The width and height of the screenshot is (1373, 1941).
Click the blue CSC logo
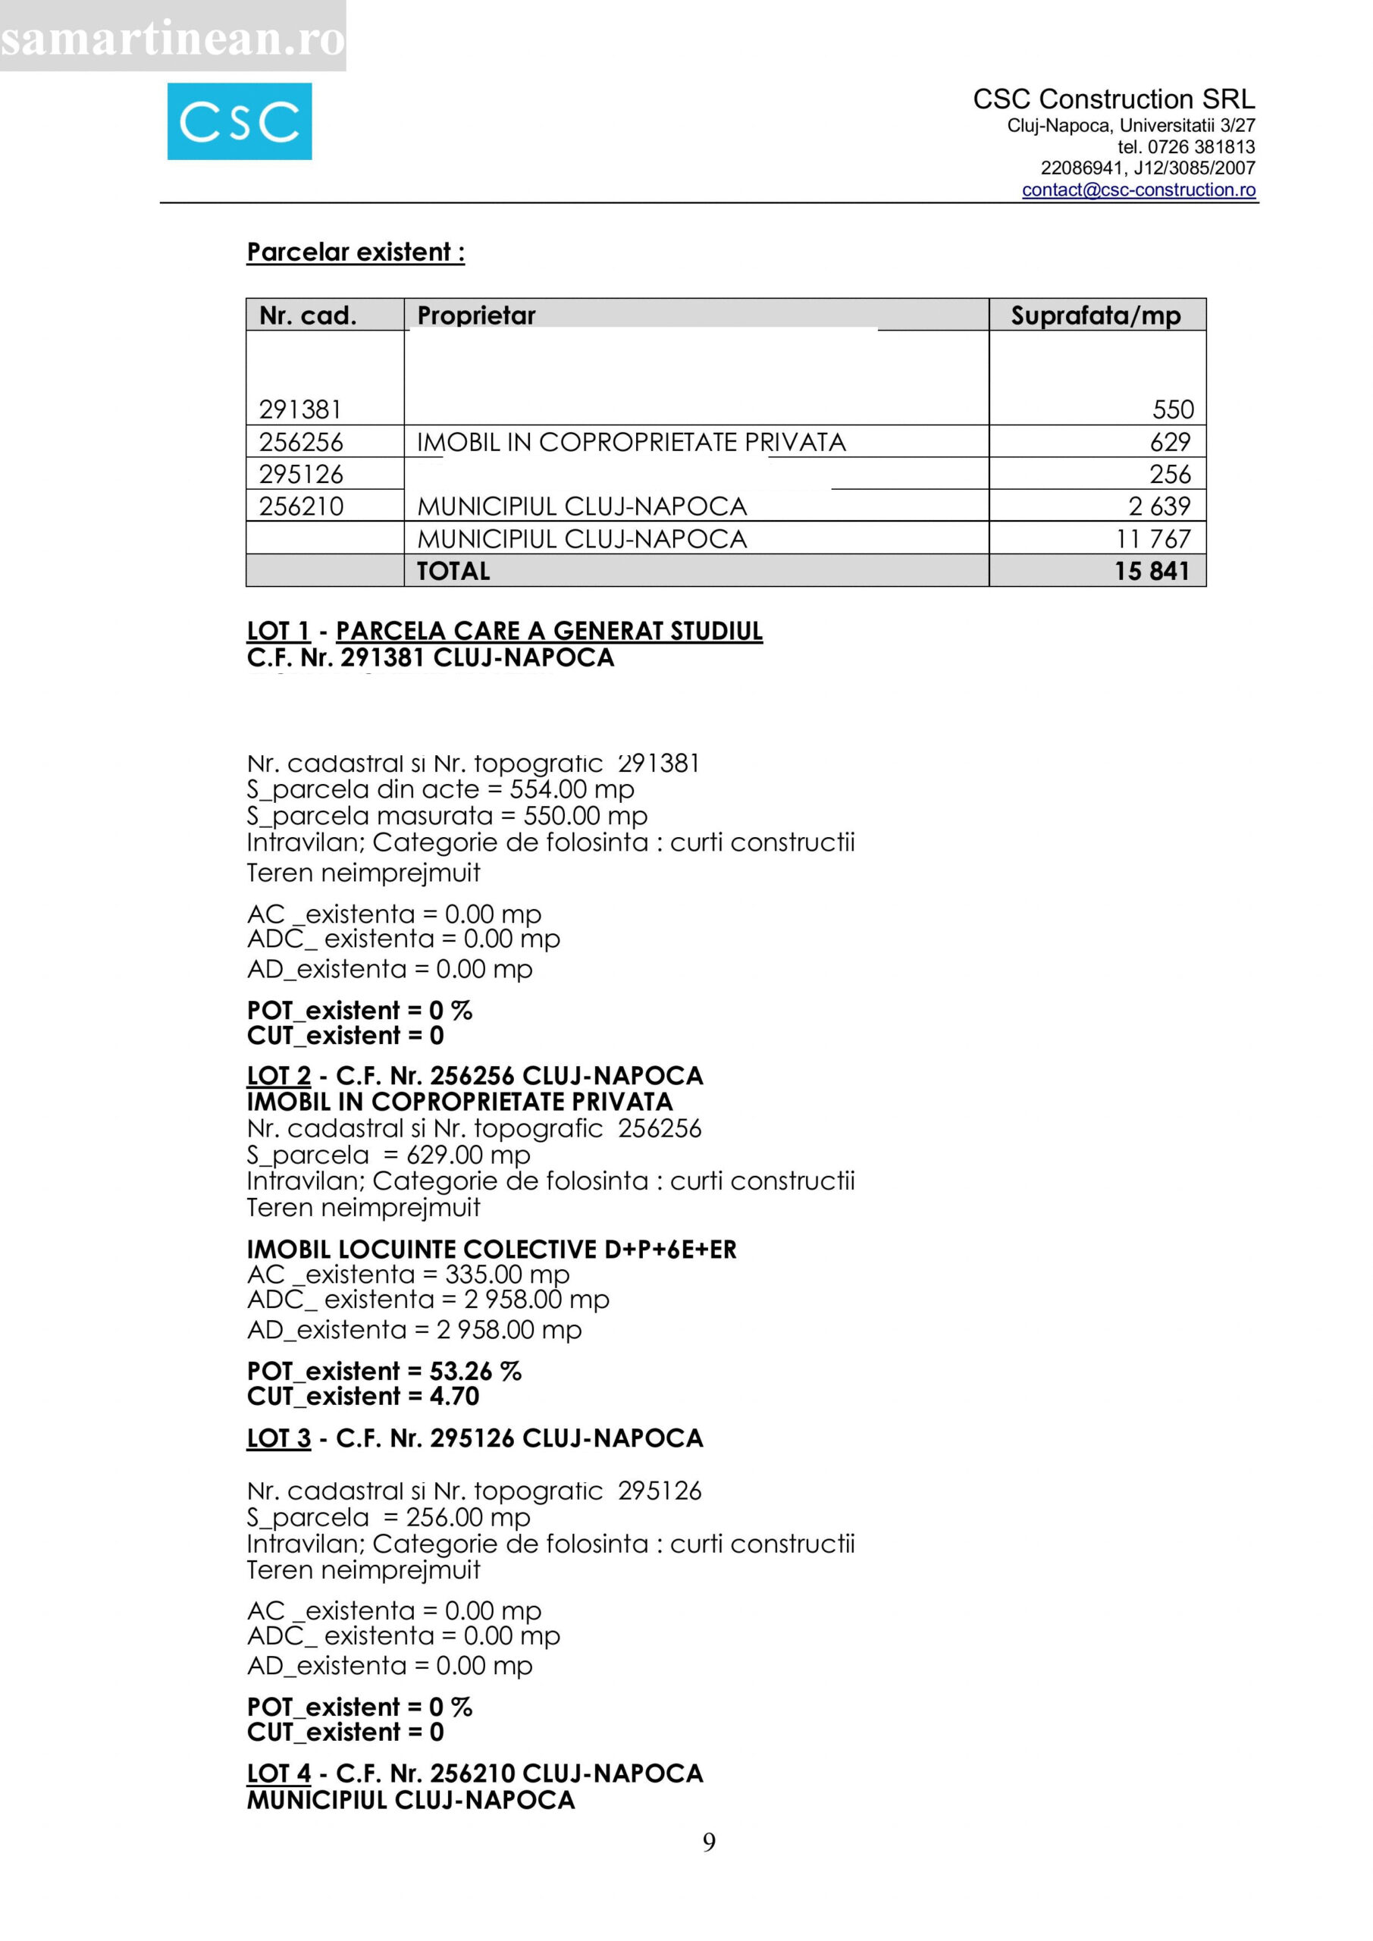240,122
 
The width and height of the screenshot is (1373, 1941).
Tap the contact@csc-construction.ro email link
1138,190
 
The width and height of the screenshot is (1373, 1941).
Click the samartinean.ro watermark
172,38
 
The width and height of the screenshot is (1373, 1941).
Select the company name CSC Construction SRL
1114,100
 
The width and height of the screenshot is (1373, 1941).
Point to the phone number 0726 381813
1201,147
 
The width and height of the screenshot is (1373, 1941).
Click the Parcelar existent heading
355,252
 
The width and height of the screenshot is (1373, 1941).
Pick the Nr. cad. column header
308,315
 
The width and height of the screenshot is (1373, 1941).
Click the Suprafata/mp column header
1095,315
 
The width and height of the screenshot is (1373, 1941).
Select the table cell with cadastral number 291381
300,410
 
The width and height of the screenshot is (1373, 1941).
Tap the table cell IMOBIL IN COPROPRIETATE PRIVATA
631,442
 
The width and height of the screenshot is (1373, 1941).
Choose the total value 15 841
1152,572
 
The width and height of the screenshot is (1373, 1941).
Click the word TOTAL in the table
453,572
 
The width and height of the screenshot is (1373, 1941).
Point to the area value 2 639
1159,506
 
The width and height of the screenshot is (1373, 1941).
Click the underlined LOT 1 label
278,631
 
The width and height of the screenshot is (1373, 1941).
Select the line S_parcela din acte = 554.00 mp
440,789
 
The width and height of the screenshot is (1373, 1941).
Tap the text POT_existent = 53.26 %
384,1372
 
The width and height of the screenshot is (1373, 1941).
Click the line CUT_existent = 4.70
362,1397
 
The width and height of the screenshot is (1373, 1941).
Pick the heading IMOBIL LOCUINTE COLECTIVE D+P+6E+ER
491,1250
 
